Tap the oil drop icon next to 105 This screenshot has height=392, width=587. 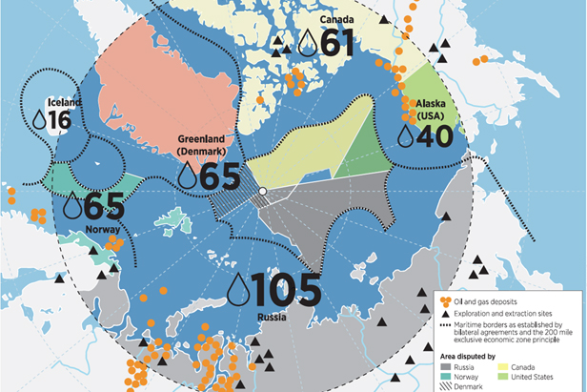coord(237,287)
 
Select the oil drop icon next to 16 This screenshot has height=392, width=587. coord(39,119)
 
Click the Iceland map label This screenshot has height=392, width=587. coord(52,102)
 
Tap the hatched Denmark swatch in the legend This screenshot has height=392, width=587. coord(446,385)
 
